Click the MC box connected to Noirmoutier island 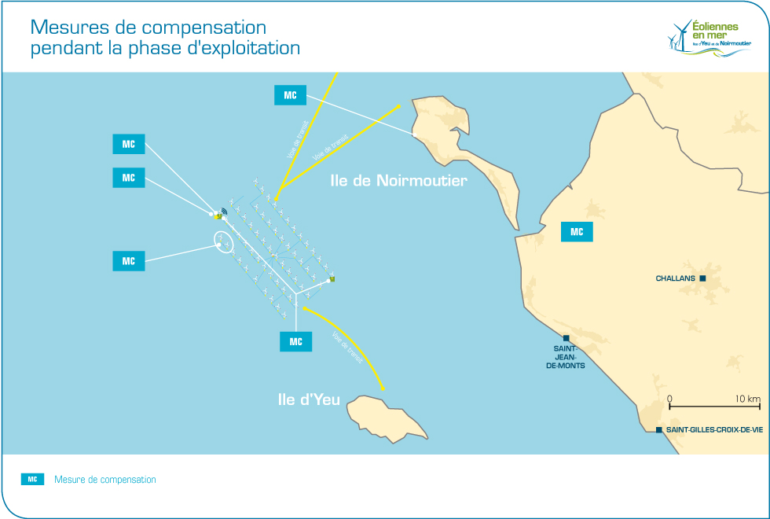(290, 95)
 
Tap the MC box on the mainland (577, 231)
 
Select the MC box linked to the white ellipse (129, 261)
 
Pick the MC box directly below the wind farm (295, 341)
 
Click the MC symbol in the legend (32, 479)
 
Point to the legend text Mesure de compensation (105, 480)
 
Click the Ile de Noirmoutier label (398, 181)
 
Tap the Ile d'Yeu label (309, 399)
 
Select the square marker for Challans (703, 278)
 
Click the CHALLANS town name (676, 278)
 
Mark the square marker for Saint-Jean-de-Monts (566, 338)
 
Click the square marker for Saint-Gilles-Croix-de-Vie (658, 429)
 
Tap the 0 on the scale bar (669, 399)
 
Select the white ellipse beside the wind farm (225, 242)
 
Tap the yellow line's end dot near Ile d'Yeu (383, 388)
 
